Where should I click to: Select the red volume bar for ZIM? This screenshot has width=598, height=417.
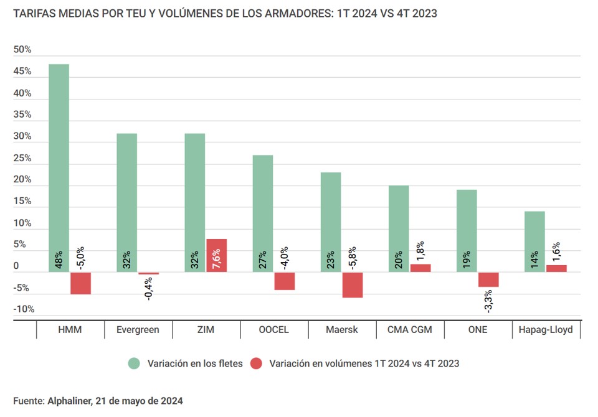click(x=216, y=255)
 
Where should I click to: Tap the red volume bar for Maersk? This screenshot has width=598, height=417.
click(x=352, y=285)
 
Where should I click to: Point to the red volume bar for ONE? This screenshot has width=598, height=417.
click(x=488, y=279)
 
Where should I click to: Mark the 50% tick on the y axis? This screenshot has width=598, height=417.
click(x=22, y=50)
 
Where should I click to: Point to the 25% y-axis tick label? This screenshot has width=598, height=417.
click(x=22, y=158)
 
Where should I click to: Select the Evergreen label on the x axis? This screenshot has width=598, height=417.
click(x=138, y=330)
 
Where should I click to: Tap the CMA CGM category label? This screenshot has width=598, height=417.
click(x=409, y=330)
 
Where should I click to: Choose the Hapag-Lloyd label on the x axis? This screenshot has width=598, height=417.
click(x=546, y=330)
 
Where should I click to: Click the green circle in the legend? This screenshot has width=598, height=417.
click(x=134, y=363)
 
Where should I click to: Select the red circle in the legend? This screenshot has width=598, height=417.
click(x=256, y=363)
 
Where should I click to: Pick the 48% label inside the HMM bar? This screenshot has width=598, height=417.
click(x=59, y=260)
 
